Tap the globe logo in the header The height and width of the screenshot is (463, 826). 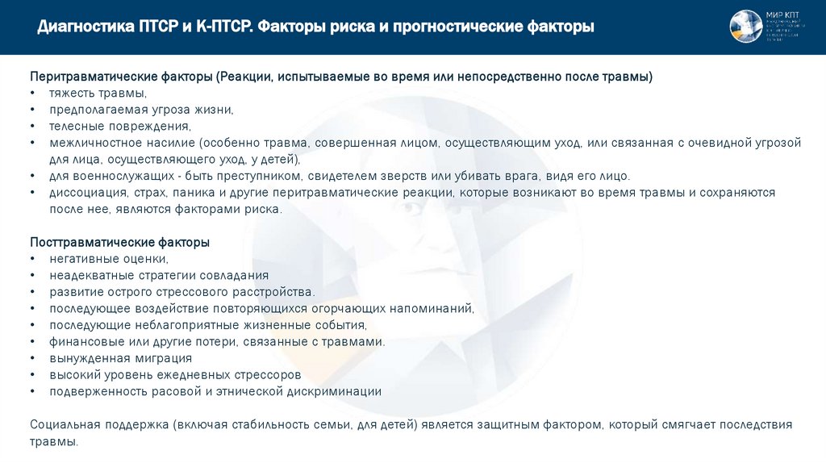pyautogui.click(x=745, y=27)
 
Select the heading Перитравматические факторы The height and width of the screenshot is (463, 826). pyautogui.click(x=121, y=77)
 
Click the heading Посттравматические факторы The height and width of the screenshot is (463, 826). pyautogui.click(x=119, y=242)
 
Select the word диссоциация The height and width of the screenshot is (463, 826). pyautogui.click(x=86, y=193)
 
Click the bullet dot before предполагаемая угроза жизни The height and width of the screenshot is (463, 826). pyautogui.click(x=32, y=110)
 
